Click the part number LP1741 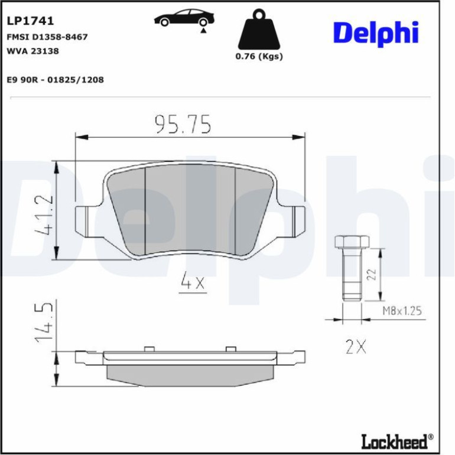pos(30,21)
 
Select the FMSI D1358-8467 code pos(47,37)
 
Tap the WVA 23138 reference pos(32,51)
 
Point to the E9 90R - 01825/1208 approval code pos(55,80)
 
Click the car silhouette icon pos(184,18)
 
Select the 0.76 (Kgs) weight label pos(259,56)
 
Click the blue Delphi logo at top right pos(376,33)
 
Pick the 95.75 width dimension pos(183,124)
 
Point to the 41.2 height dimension pos(44,214)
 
